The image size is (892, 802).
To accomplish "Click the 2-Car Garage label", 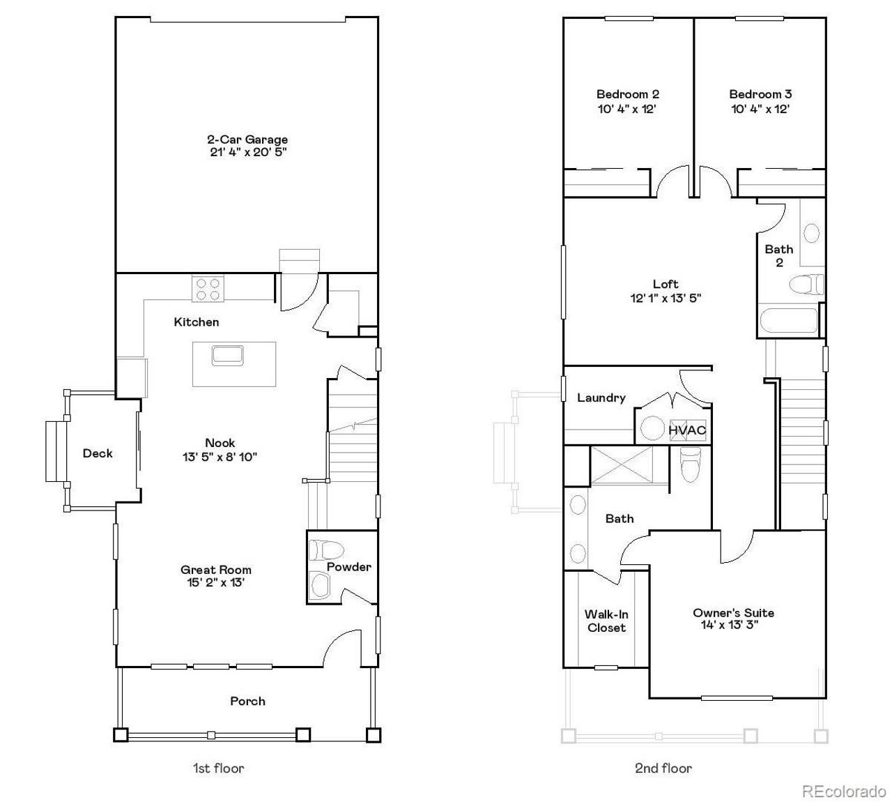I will tap(247, 139).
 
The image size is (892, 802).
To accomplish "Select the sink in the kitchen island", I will tap(228, 355).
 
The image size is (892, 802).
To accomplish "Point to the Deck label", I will tap(98, 453).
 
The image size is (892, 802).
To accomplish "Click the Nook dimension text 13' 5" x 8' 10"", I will tap(220, 457).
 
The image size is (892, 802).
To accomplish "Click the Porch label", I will tap(247, 701).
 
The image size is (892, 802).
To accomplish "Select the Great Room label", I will tap(216, 570).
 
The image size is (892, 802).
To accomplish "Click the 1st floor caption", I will tap(218, 768).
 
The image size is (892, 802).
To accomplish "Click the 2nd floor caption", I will tap(663, 768).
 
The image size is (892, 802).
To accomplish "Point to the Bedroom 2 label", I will tap(628, 94).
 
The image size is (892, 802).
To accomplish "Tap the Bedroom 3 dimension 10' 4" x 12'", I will tap(760, 109).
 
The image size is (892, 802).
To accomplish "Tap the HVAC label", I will tap(687, 430).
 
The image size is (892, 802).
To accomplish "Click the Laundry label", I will tap(601, 398).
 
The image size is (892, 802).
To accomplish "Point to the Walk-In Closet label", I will tap(606, 621).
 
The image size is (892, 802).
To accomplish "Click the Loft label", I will tap(666, 284).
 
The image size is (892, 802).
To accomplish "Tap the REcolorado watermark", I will tap(843, 791).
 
